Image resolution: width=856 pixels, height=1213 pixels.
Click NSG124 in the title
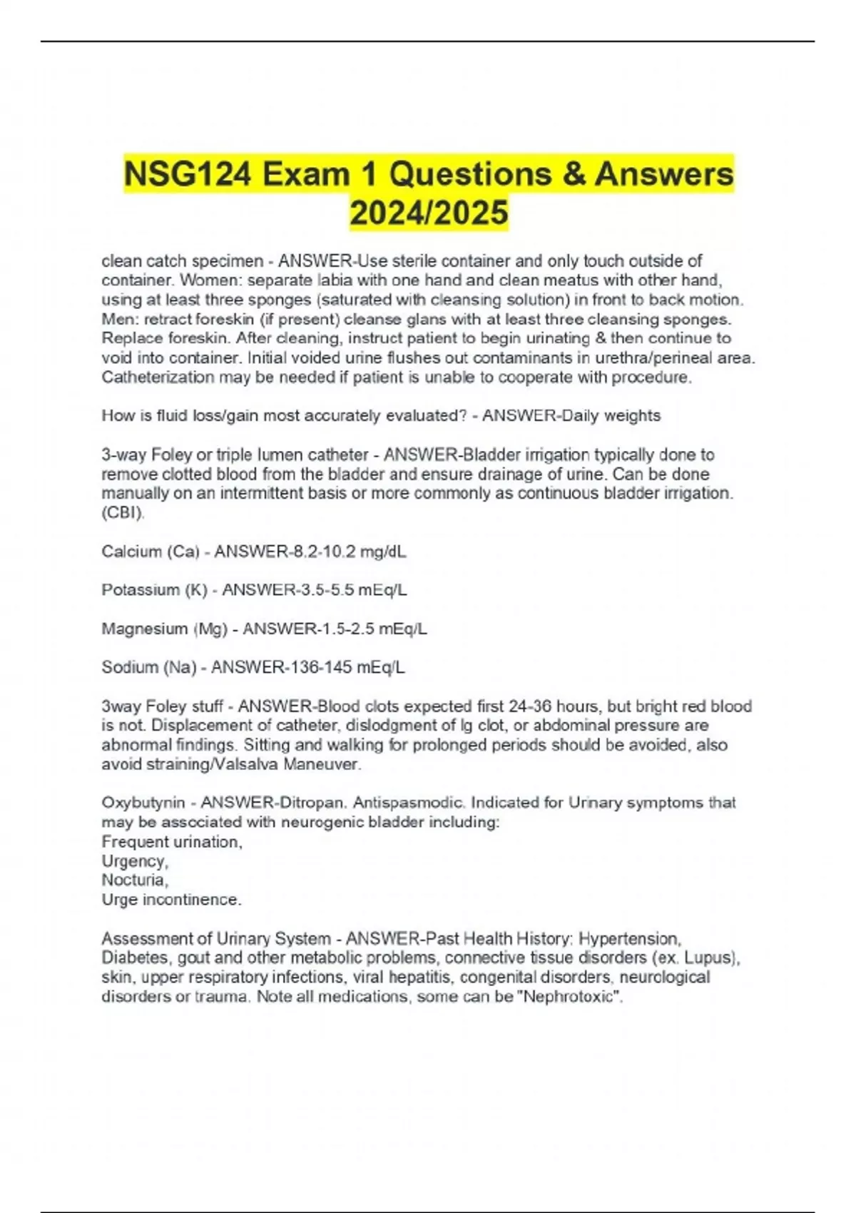point(187,175)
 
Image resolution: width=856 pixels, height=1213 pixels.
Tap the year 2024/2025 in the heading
point(429,213)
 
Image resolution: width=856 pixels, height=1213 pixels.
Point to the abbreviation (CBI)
point(123,513)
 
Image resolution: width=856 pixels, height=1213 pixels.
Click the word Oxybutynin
point(143,803)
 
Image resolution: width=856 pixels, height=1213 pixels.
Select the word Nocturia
point(134,880)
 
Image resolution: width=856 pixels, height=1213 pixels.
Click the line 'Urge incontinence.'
point(171,900)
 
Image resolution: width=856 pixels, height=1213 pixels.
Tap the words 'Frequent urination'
point(172,842)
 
